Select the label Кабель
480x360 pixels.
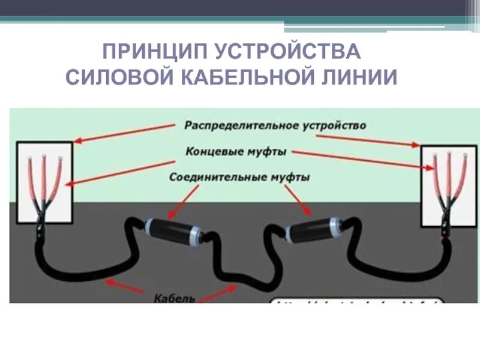pyautogui.click(x=175, y=298)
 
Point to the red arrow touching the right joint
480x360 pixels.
pyautogui.click(x=298, y=200)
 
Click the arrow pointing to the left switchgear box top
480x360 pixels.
pyautogui.click(x=126, y=133)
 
